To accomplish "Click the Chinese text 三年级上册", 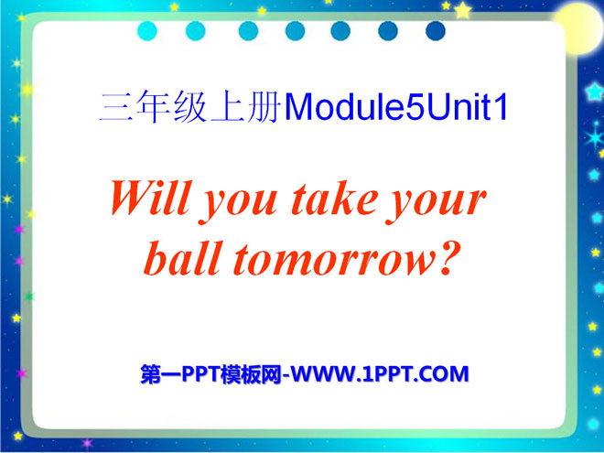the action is click(x=190, y=107).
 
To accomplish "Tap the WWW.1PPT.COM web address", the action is click(x=380, y=374).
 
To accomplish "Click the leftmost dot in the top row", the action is click(x=147, y=31).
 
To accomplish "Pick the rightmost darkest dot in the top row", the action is click(x=436, y=31).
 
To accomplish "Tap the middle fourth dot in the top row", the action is click(x=295, y=31).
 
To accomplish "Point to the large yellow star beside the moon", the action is click(x=463, y=10).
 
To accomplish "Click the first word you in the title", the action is click(x=239, y=204).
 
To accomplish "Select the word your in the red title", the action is click(x=436, y=204).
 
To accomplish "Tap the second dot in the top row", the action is click(x=195, y=31).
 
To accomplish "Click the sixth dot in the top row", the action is click(x=388, y=31).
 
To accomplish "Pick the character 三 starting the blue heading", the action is click(x=115, y=108).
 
